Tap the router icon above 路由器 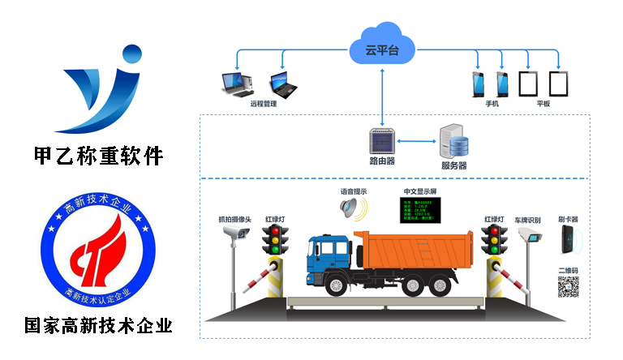click(x=381, y=141)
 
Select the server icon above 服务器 click(x=453, y=143)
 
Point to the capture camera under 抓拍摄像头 click(x=237, y=233)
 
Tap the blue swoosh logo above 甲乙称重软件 click(x=100, y=88)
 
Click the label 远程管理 click(x=264, y=105)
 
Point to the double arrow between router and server click(x=416, y=143)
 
